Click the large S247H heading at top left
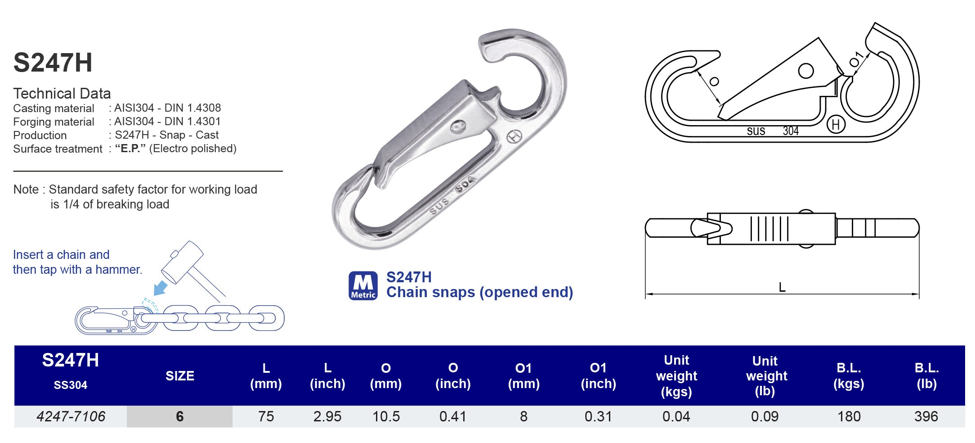point(53,63)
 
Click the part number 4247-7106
point(71,416)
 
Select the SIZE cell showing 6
point(179,416)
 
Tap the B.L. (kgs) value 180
point(849,416)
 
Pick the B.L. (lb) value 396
point(926,416)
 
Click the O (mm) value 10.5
point(386,416)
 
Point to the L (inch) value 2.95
point(327,416)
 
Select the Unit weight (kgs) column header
point(676,376)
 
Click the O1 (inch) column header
point(598,376)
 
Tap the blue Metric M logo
point(363,285)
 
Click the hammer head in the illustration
point(182,261)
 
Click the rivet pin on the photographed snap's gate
point(458,127)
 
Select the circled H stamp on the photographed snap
point(514,137)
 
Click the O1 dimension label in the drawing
point(856,60)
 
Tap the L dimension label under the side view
point(782,287)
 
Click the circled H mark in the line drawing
point(836,125)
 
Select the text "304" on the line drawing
point(791,131)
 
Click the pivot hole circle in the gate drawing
point(805,71)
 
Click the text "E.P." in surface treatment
point(130,149)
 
